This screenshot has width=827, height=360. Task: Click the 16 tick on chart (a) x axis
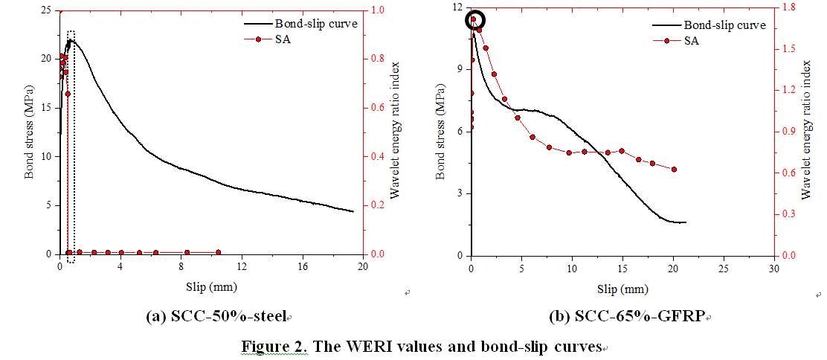pos(302,266)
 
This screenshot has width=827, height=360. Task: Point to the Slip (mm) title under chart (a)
pos(211,286)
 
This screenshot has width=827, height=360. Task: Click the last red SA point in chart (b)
pos(674,170)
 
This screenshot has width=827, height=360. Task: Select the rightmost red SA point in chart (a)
pos(218,253)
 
